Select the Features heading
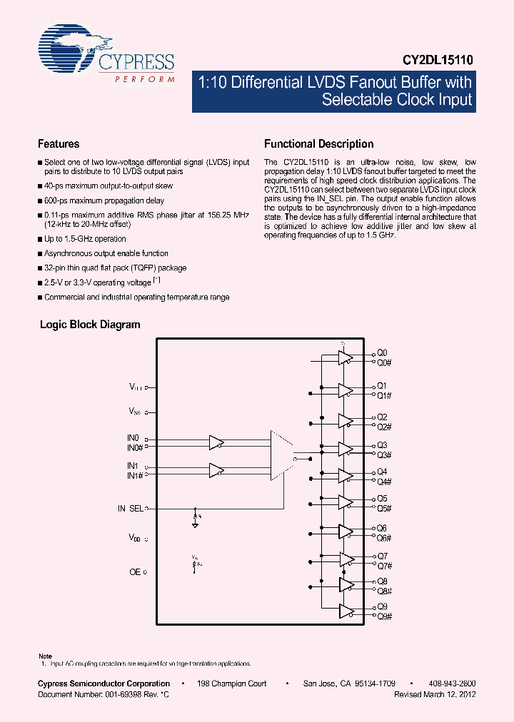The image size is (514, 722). point(59,143)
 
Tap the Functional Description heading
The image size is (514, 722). point(318,143)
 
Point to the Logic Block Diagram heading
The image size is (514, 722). point(90,325)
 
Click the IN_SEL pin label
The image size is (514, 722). point(131,509)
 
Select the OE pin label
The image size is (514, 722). point(134,571)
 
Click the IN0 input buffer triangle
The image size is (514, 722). point(216,442)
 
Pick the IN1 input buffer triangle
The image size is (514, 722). point(216,470)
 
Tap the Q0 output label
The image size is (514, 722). point(382,353)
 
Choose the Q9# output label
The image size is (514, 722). point(384,616)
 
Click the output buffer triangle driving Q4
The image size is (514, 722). point(346,476)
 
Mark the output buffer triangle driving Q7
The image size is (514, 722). point(346,559)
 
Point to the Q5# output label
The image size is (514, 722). point(384,508)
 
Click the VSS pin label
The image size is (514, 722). point(134,411)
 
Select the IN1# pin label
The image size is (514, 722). point(135,475)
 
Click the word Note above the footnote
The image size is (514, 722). point(45,656)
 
